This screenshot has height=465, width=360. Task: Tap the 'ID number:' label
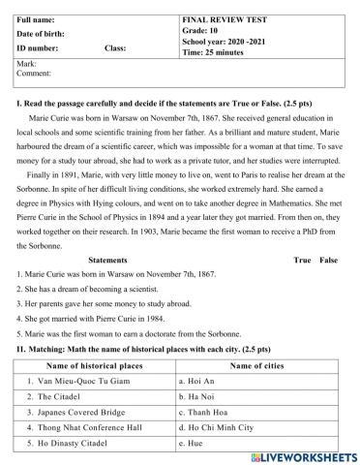[38, 46]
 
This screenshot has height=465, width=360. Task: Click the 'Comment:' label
[34, 73]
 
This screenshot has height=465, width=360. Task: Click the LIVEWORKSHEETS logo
[303, 455]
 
